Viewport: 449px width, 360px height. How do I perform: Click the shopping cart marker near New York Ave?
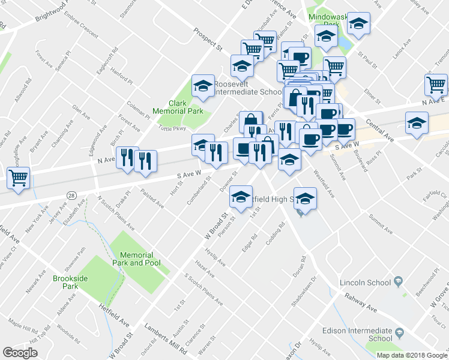pos(18,178)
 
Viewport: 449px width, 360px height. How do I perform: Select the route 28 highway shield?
pos(71,196)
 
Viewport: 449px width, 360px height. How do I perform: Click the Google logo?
pos(20,353)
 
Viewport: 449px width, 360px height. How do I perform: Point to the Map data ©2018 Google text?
pos(411,355)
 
